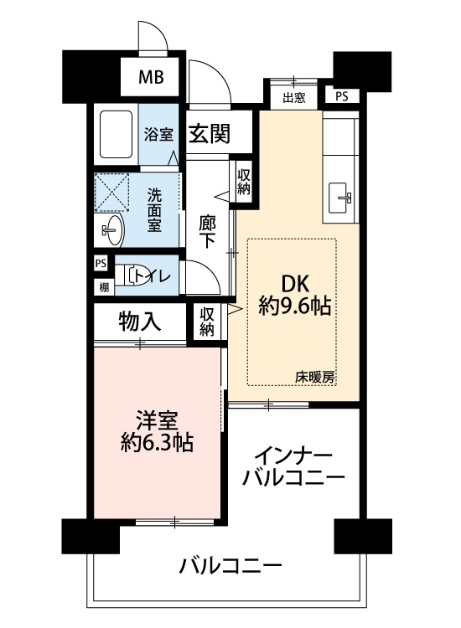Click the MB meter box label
pyautogui.click(x=151, y=77)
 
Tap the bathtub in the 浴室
pyautogui.click(x=116, y=134)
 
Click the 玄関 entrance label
pyautogui.click(x=210, y=133)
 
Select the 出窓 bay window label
pyautogui.click(x=294, y=97)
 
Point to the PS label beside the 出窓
pyautogui.click(x=341, y=96)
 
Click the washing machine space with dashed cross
pyautogui.click(x=111, y=193)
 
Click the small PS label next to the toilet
pyautogui.click(x=101, y=264)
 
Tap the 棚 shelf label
pyautogui.click(x=104, y=287)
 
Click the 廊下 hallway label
pyautogui.click(x=207, y=232)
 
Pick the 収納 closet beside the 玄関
pyautogui.click(x=244, y=182)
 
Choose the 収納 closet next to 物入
pyautogui.click(x=207, y=322)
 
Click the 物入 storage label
pyautogui.click(x=140, y=322)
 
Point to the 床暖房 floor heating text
pyautogui.click(x=315, y=377)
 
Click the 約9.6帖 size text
pyautogui.click(x=295, y=306)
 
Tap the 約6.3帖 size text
pyautogui.click(x=157, y=442)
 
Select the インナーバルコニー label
pyautogui.click(x=293, y=466)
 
